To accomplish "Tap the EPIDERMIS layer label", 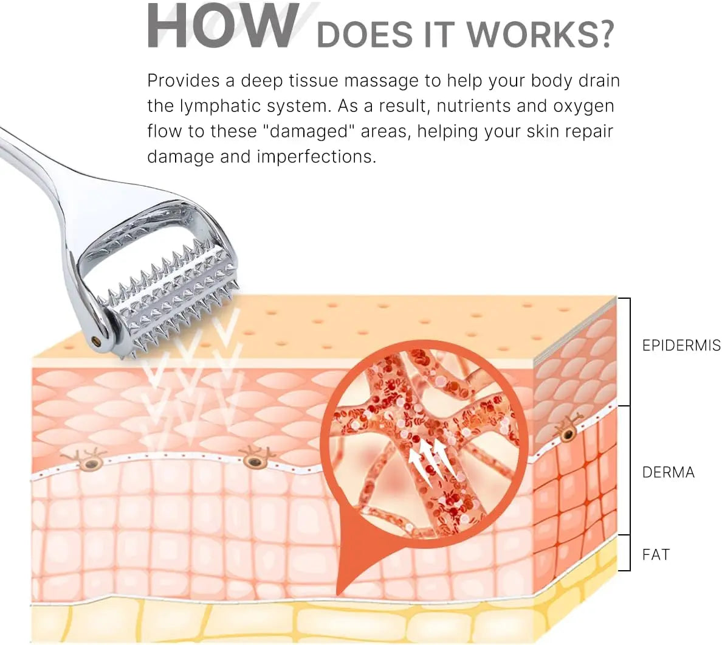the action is click(x=681, y=346).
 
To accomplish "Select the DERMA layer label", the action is click(x=668, y=472).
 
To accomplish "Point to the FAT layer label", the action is click(x=656, y=554).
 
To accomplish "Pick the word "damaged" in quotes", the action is click(x=309, y=131).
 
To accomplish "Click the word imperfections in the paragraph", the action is click(x=317, y=157).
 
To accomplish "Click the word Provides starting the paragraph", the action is click(x=184, y=81).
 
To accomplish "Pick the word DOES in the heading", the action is click(x=364, y=34).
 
